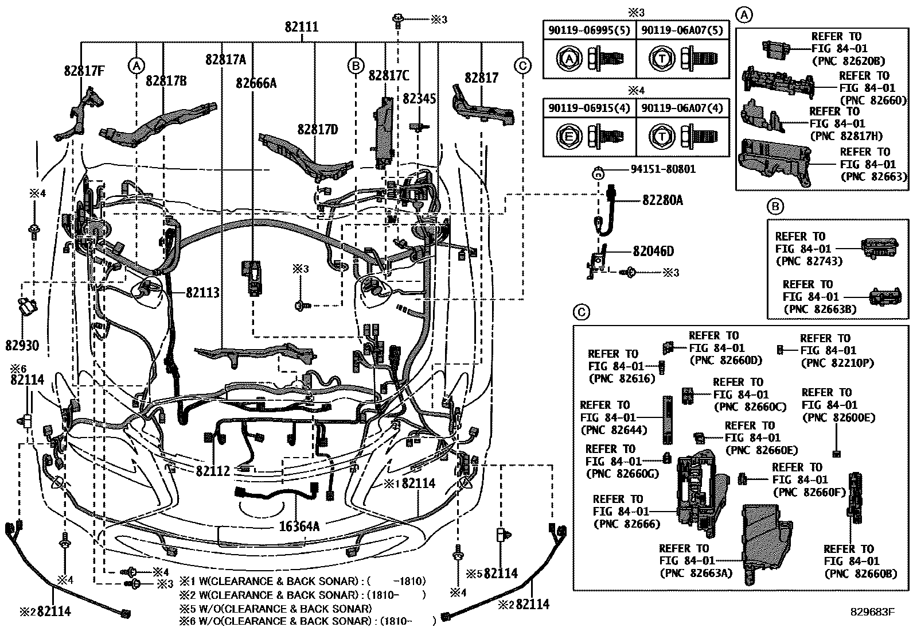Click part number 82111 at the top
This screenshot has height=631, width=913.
tap(302, 27)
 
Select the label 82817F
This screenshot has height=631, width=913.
tap(84, 72)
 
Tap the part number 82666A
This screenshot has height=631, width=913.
tap(256, 84)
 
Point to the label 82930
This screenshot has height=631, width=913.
tap(22, 345)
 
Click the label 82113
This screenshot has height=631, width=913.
tap(202, 293)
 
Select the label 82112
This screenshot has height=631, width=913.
tap(213, 471)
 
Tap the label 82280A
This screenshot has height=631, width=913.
tap(662, 200)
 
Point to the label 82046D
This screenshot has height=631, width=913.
tap(653, 251)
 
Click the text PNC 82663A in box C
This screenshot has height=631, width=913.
tap(696, 572)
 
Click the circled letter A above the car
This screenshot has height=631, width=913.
tap(136, 66)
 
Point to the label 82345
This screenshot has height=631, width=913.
tap(419, 99)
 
